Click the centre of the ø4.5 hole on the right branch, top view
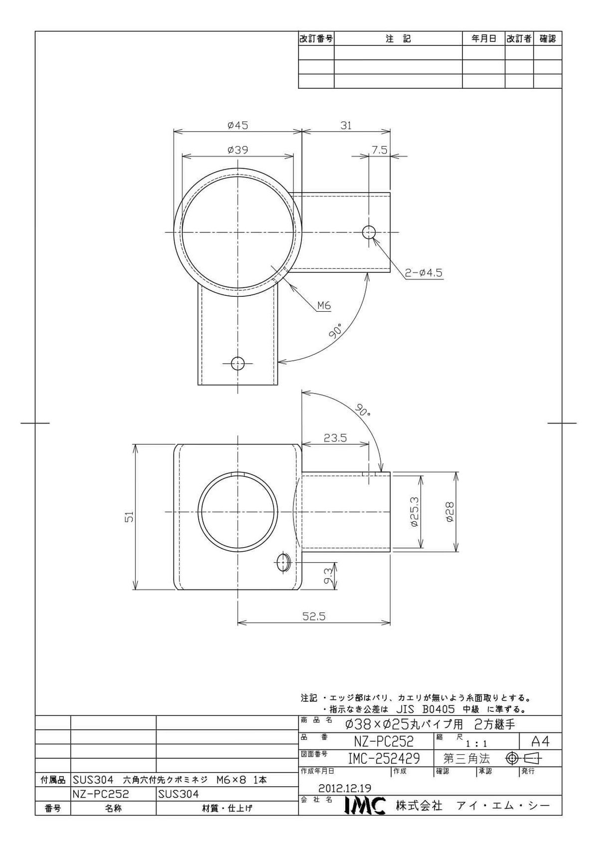(369, 232)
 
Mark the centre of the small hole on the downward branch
(238, 364)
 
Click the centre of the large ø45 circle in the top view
(238, 232)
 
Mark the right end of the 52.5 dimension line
(390, 622)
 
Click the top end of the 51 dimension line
(135, 444)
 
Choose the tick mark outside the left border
(35, 423)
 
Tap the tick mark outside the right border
(562, 423)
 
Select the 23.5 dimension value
(335, 438)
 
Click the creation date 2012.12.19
(344, 788)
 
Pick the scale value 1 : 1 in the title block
(476, 744)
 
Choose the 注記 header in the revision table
(398, 38)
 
